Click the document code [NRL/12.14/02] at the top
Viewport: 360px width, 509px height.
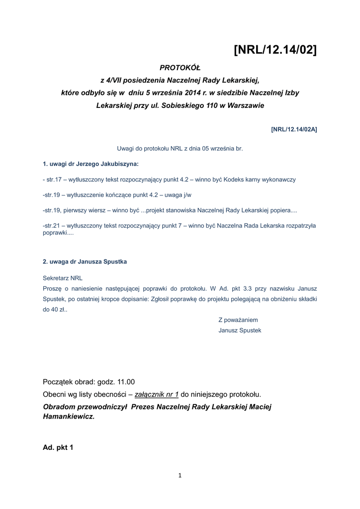tap(275, 50)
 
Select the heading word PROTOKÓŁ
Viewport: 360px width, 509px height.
tap(180, 68)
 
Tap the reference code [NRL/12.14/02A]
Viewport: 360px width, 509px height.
tap(294, 129)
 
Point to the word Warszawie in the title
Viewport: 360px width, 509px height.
tap(245, 105)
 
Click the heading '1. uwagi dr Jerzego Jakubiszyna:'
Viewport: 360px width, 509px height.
tap(91, 164)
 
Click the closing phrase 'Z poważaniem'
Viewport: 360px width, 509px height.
tap(238, 320)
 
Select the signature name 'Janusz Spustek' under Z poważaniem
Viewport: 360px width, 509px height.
tap(240, 330)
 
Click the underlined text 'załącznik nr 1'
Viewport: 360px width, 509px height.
tap(157, 394)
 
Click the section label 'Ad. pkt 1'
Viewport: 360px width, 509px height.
tap(58, 447)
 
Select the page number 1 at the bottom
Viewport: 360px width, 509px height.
tap(180, 476)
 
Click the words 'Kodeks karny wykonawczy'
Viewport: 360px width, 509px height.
tap(265, 179)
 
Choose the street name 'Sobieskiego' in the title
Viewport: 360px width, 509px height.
tap(180, 105)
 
